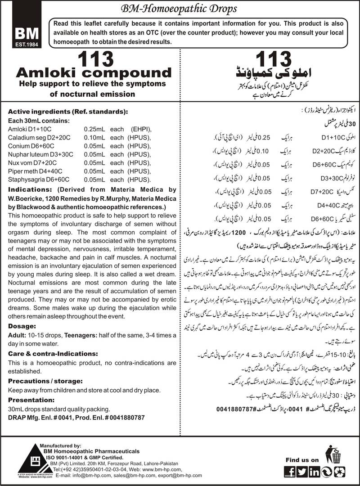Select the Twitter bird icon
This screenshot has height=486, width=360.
click(x=302, y=471)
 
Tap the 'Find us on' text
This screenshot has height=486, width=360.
click(x=302, y=459)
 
